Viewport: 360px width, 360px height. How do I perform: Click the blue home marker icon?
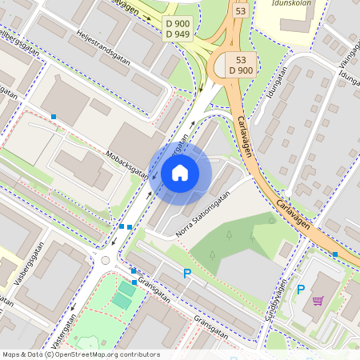point(180,173)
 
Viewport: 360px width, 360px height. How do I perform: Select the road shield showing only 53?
point(240,11)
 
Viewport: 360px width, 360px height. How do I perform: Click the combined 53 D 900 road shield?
point(242,66)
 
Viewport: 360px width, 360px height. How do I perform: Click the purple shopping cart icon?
point(318,301)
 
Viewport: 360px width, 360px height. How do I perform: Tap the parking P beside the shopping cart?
point(301,290)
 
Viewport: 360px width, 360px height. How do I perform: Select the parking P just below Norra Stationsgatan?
point(187,274)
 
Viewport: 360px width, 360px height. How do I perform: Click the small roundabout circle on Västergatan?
point(105,260)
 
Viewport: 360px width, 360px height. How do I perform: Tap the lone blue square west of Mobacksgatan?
point(54,117)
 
